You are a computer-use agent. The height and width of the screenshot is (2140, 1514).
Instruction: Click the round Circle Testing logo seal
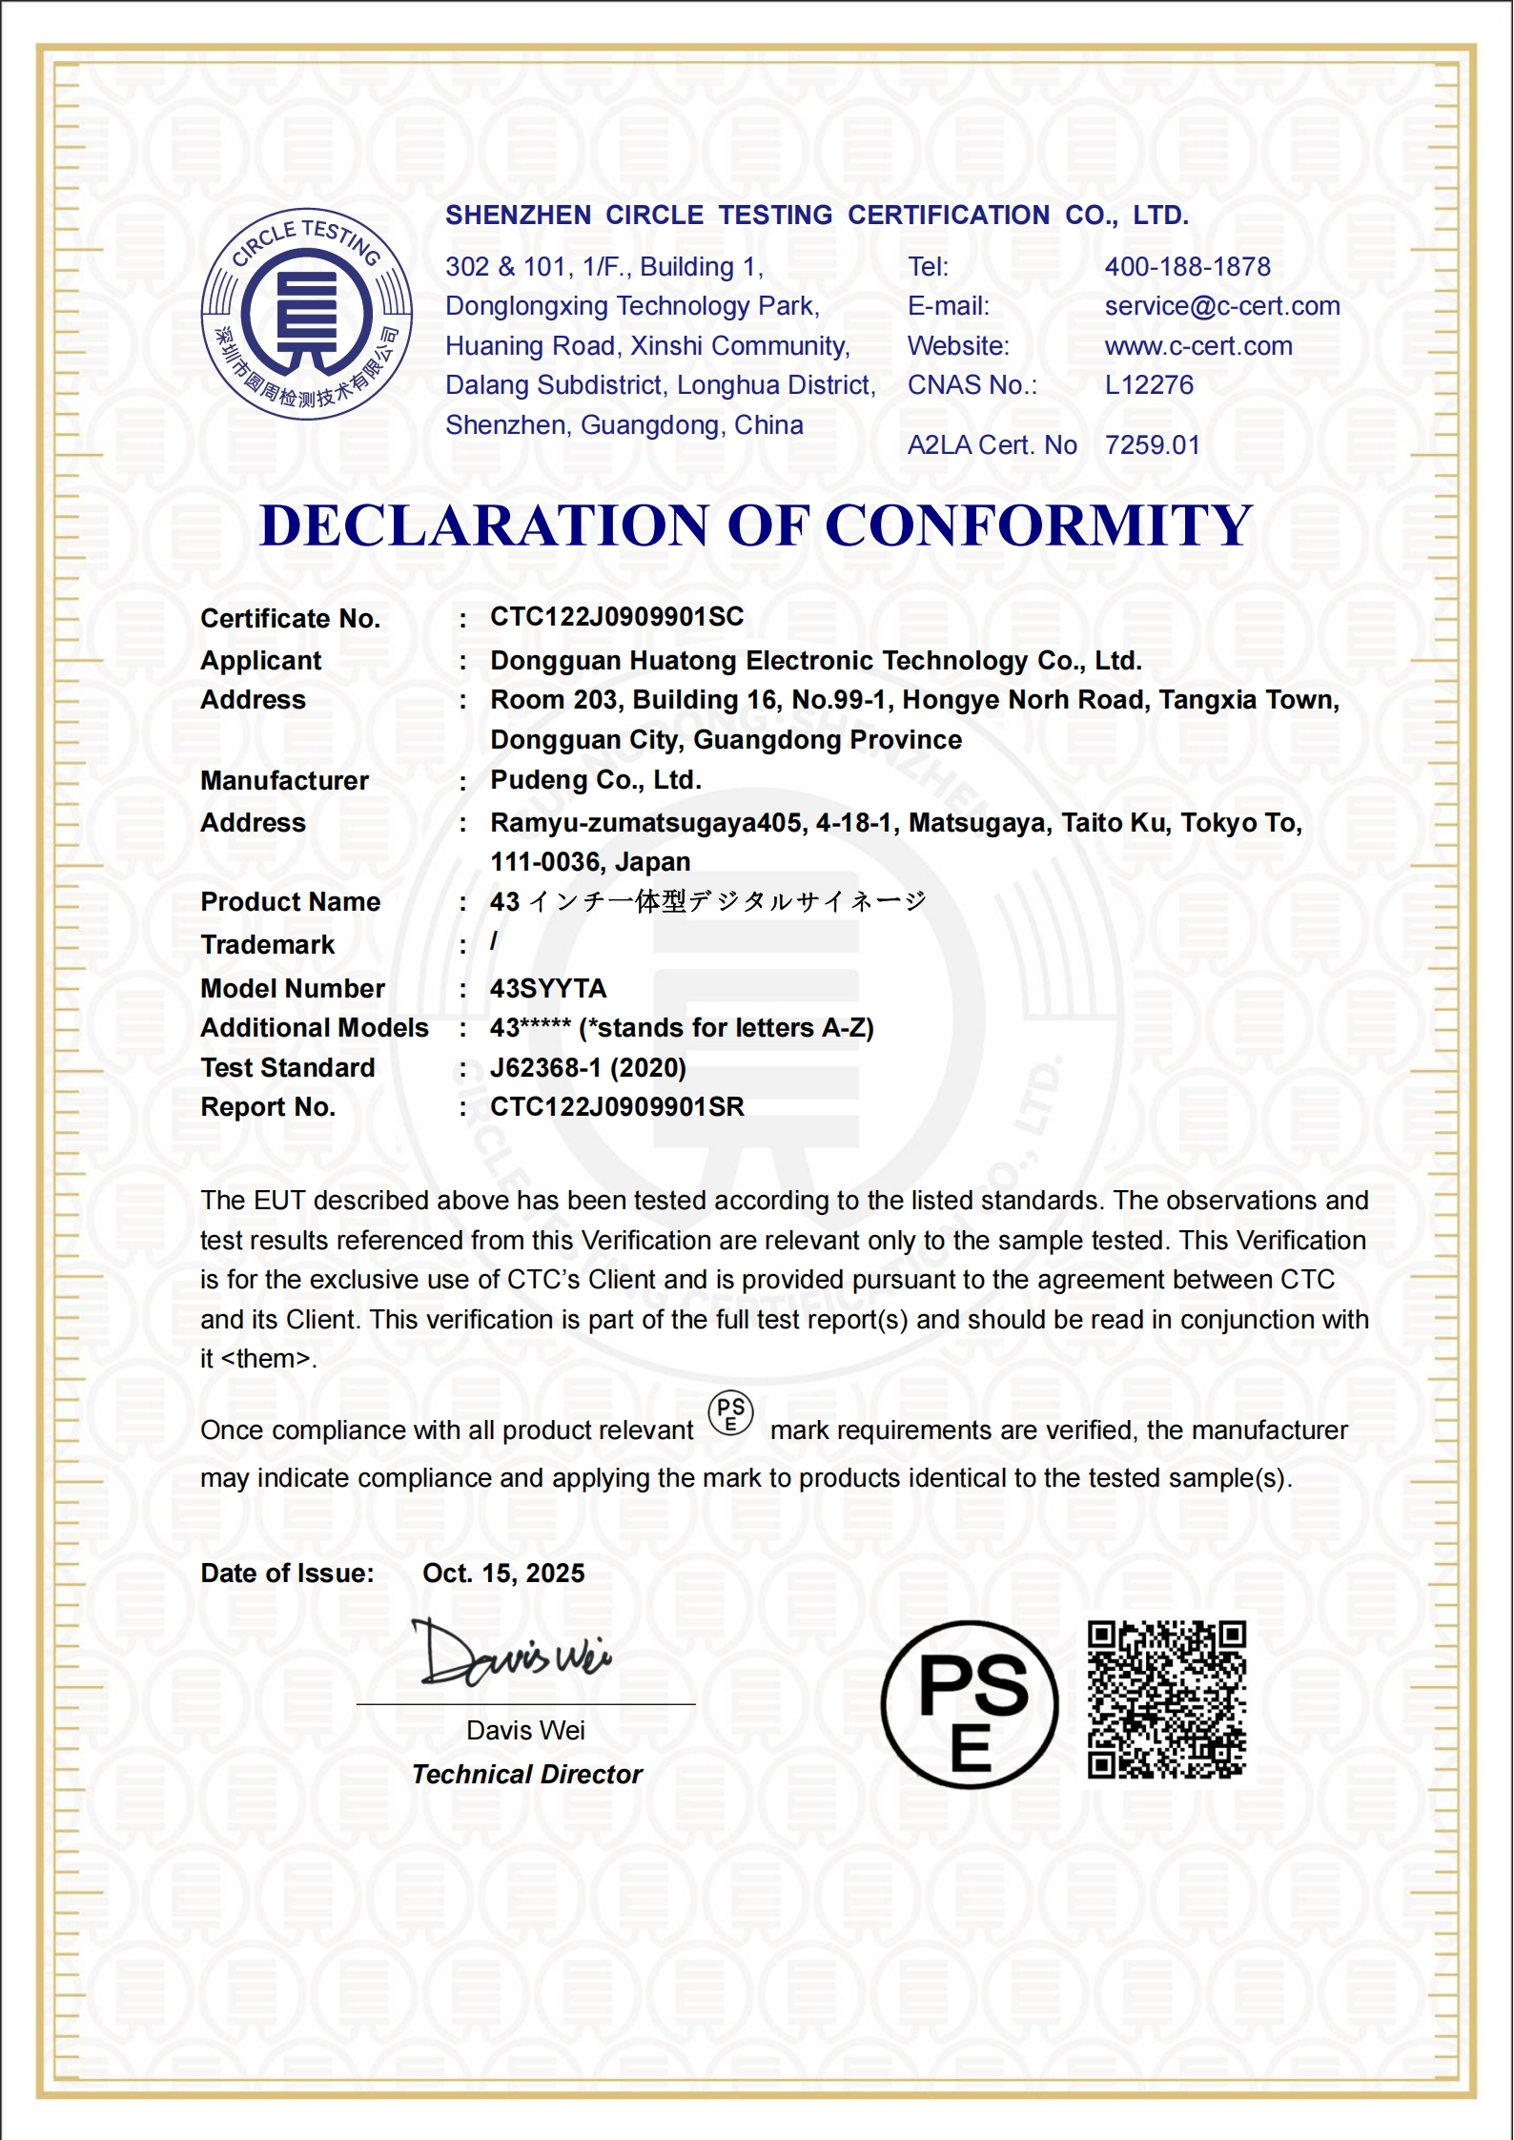[x=306, y=314]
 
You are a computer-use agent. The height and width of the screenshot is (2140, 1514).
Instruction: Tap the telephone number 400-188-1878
[x=1187, y=267]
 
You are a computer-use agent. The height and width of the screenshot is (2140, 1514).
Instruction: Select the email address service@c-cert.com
[x=1221, y=306]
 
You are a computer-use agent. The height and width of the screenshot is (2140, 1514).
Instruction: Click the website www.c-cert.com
[x=1198, y=346]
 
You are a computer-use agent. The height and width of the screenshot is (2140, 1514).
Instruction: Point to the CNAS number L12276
[x=1149, y=385]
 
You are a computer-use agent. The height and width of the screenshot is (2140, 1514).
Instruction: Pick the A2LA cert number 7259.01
[x=1152, y=445]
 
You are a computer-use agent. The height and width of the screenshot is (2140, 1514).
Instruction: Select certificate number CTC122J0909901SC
[x=616, y=617]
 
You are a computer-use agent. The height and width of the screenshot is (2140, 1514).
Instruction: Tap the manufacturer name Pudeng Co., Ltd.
[x=596, y=780]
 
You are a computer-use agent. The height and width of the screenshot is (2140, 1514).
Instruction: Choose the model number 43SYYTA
[x=548, y=988]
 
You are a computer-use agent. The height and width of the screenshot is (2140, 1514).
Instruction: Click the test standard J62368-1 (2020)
[x=587, y=1067]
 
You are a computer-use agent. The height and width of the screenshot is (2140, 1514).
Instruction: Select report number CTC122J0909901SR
[x=616, y=1106]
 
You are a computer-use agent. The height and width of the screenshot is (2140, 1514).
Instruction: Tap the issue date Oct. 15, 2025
[x=503, y=1574]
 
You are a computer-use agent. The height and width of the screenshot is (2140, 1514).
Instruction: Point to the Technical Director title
[x=526, y=1775]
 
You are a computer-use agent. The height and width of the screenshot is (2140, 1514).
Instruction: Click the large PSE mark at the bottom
[x=970, y=1704]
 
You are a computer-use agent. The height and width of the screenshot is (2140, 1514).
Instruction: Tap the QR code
[x=1167, y=1700]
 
